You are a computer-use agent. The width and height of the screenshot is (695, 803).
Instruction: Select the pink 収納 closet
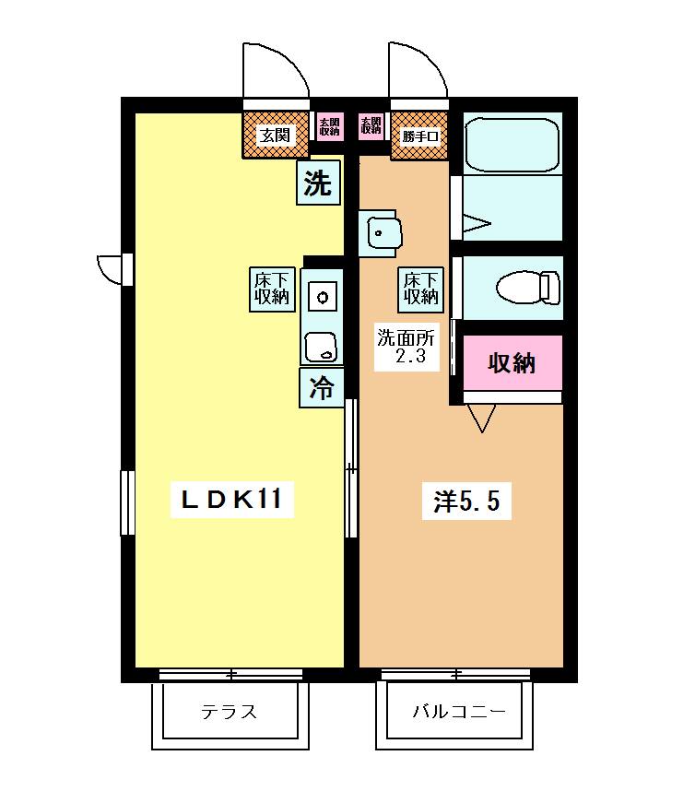(x=512, y=363)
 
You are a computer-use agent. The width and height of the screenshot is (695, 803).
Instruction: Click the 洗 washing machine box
(x=318, y=183)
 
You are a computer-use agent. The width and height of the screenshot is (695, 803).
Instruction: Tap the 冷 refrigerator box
(x=321, y=387)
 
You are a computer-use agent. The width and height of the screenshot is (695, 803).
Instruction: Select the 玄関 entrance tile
(x=275, y=136)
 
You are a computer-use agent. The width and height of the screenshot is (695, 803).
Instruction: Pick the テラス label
(x=229, y=712)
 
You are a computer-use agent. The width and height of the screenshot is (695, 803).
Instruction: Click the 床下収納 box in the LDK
(x=271, y=288)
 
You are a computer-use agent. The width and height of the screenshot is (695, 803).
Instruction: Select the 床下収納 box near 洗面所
(x=419, y=289)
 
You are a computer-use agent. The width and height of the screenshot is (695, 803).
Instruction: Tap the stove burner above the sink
(x=323, y=297)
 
